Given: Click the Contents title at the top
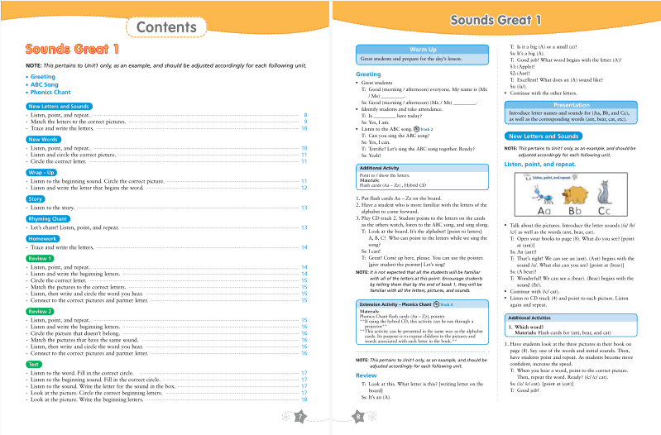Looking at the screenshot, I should tap(165, 28).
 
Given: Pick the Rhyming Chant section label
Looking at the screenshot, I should tap(51, 218).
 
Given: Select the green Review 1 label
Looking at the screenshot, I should tap(41, 258).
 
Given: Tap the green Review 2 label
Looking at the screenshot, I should tap(41, 311).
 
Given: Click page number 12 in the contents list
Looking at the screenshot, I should tap(304, 189).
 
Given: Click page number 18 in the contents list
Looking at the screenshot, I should tap(304, 399).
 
